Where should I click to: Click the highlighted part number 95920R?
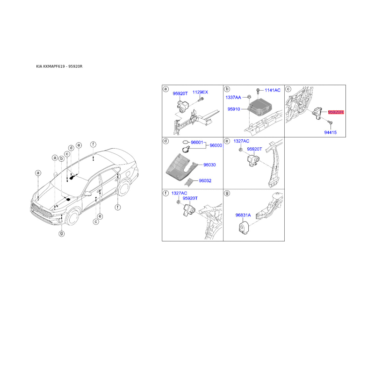[336, 112]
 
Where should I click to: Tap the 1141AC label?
[273, 89]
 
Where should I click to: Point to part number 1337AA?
[234, 97]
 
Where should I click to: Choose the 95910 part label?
[234, 109]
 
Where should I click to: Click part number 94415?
[331, 132]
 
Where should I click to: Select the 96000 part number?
[216, 145]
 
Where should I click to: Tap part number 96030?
[209, 165]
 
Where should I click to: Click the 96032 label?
[205, 180]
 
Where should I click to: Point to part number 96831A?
[243, 215]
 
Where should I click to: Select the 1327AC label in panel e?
[241, 141]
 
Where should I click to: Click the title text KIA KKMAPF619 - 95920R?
[59, 66]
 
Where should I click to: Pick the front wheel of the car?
[73, 218]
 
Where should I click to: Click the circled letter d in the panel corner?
[165, 141]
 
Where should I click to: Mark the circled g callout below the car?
[61, 233]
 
